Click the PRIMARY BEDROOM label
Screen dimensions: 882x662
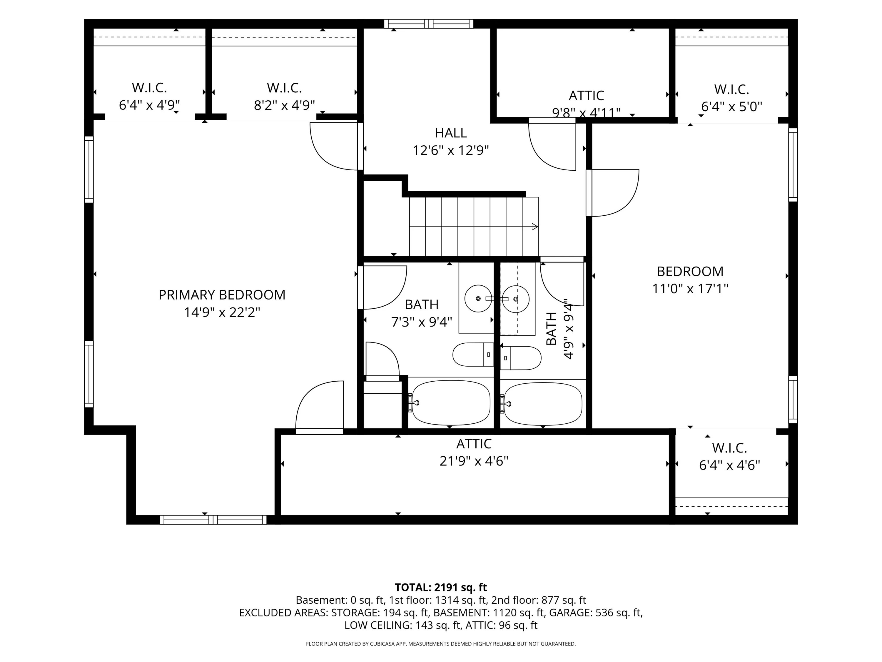[x=222, y=295]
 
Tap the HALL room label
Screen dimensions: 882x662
[x=451, y=133]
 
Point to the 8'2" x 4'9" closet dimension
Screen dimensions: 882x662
[x=284, y=105]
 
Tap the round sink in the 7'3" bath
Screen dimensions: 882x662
[x=478, y=298]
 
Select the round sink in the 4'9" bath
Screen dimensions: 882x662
[x=516, y=299]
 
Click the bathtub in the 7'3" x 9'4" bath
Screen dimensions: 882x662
[x=451, y=402]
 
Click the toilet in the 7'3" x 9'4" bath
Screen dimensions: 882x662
[x=473, y=354]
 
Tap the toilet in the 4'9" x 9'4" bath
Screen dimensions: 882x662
[x=521, y=358]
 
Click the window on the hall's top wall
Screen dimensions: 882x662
[x=429, y=24]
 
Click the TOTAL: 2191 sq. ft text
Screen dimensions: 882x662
[x=441, y=587]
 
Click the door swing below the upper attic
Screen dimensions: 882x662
[x=552, y=144]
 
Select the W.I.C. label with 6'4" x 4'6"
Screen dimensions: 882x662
[x=729, y=448]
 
